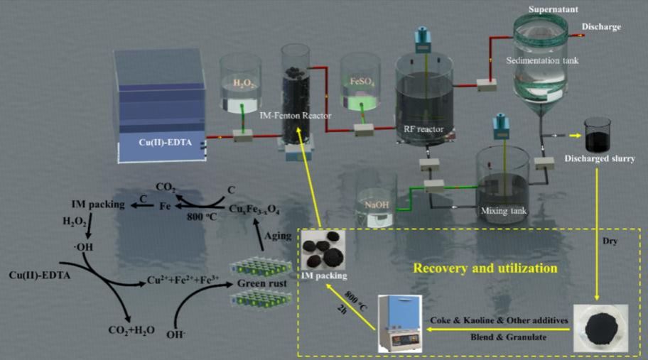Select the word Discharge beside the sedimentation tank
(601, 27)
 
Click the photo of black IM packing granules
(323, 252)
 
